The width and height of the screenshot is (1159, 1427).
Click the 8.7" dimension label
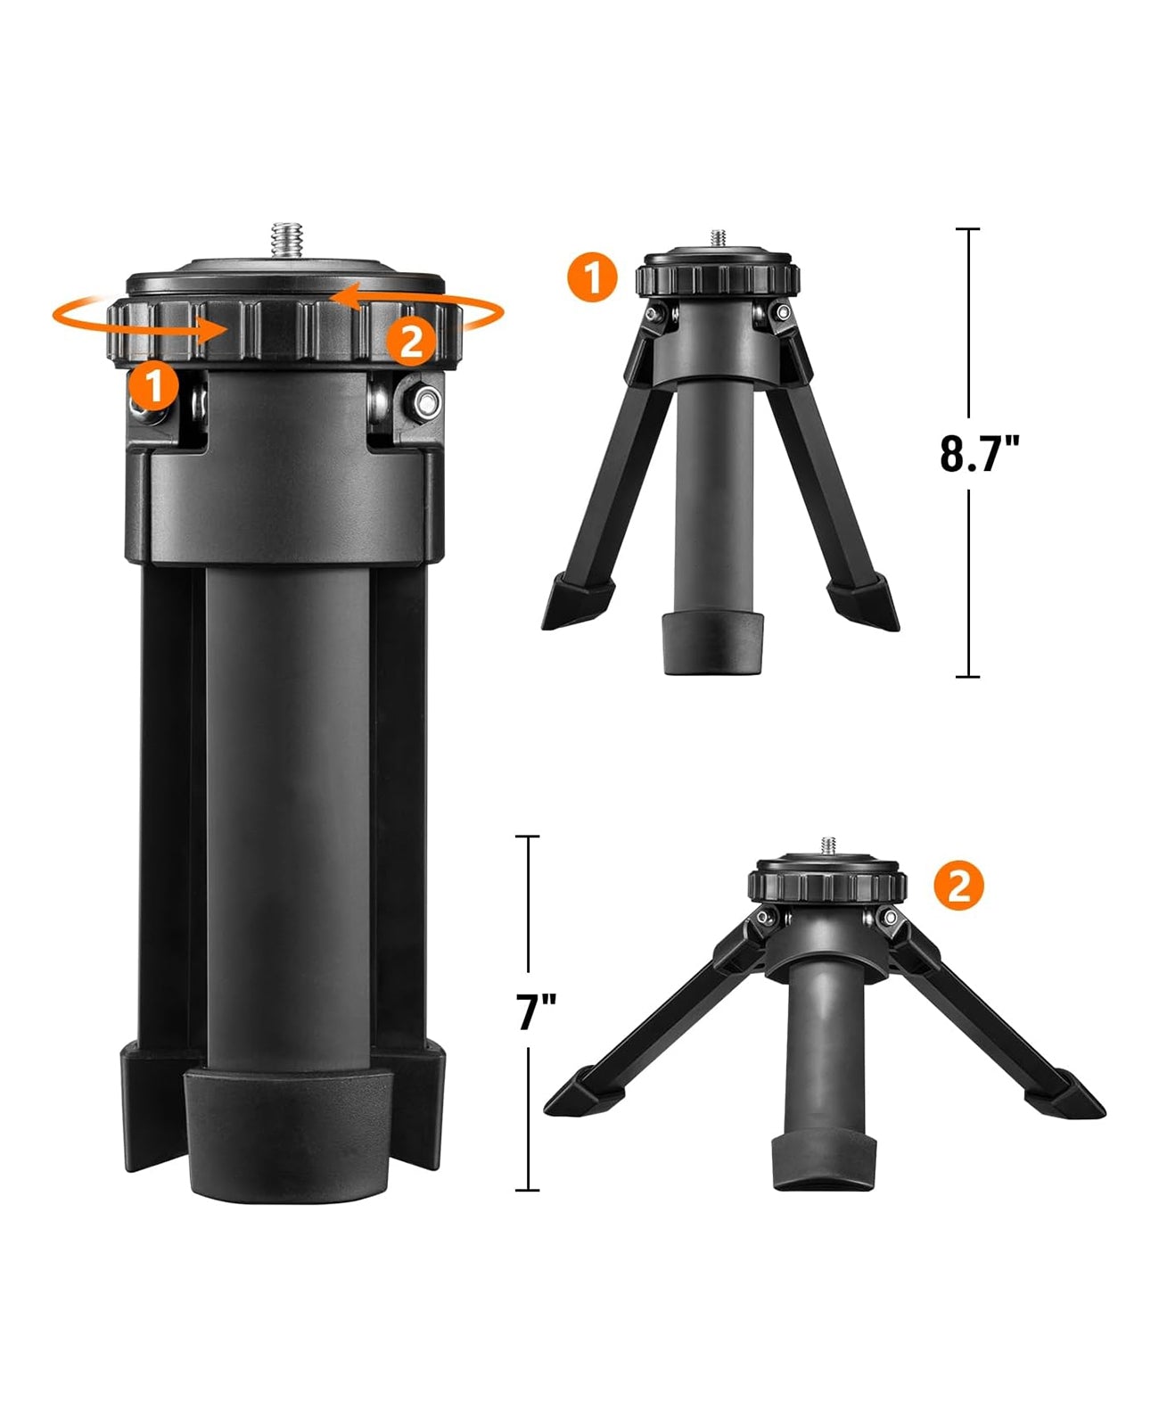coord(978,453)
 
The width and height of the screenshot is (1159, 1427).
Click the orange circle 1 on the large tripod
coord(153,385)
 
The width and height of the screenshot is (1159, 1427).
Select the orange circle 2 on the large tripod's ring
coord(410,341)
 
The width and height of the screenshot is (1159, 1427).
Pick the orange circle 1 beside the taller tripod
coord(590,276)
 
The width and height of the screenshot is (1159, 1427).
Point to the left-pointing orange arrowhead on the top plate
coord(344,296)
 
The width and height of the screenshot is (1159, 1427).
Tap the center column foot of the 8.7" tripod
coord(713,642)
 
